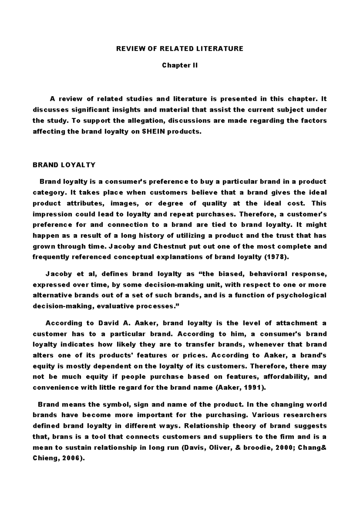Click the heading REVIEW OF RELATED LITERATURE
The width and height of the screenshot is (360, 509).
[x=180, y=49]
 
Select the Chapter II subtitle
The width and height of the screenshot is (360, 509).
[x=180, y=65]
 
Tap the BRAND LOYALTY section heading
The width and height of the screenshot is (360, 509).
[x=64, y=165]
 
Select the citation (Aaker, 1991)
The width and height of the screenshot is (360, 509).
[x=241, y=387]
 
